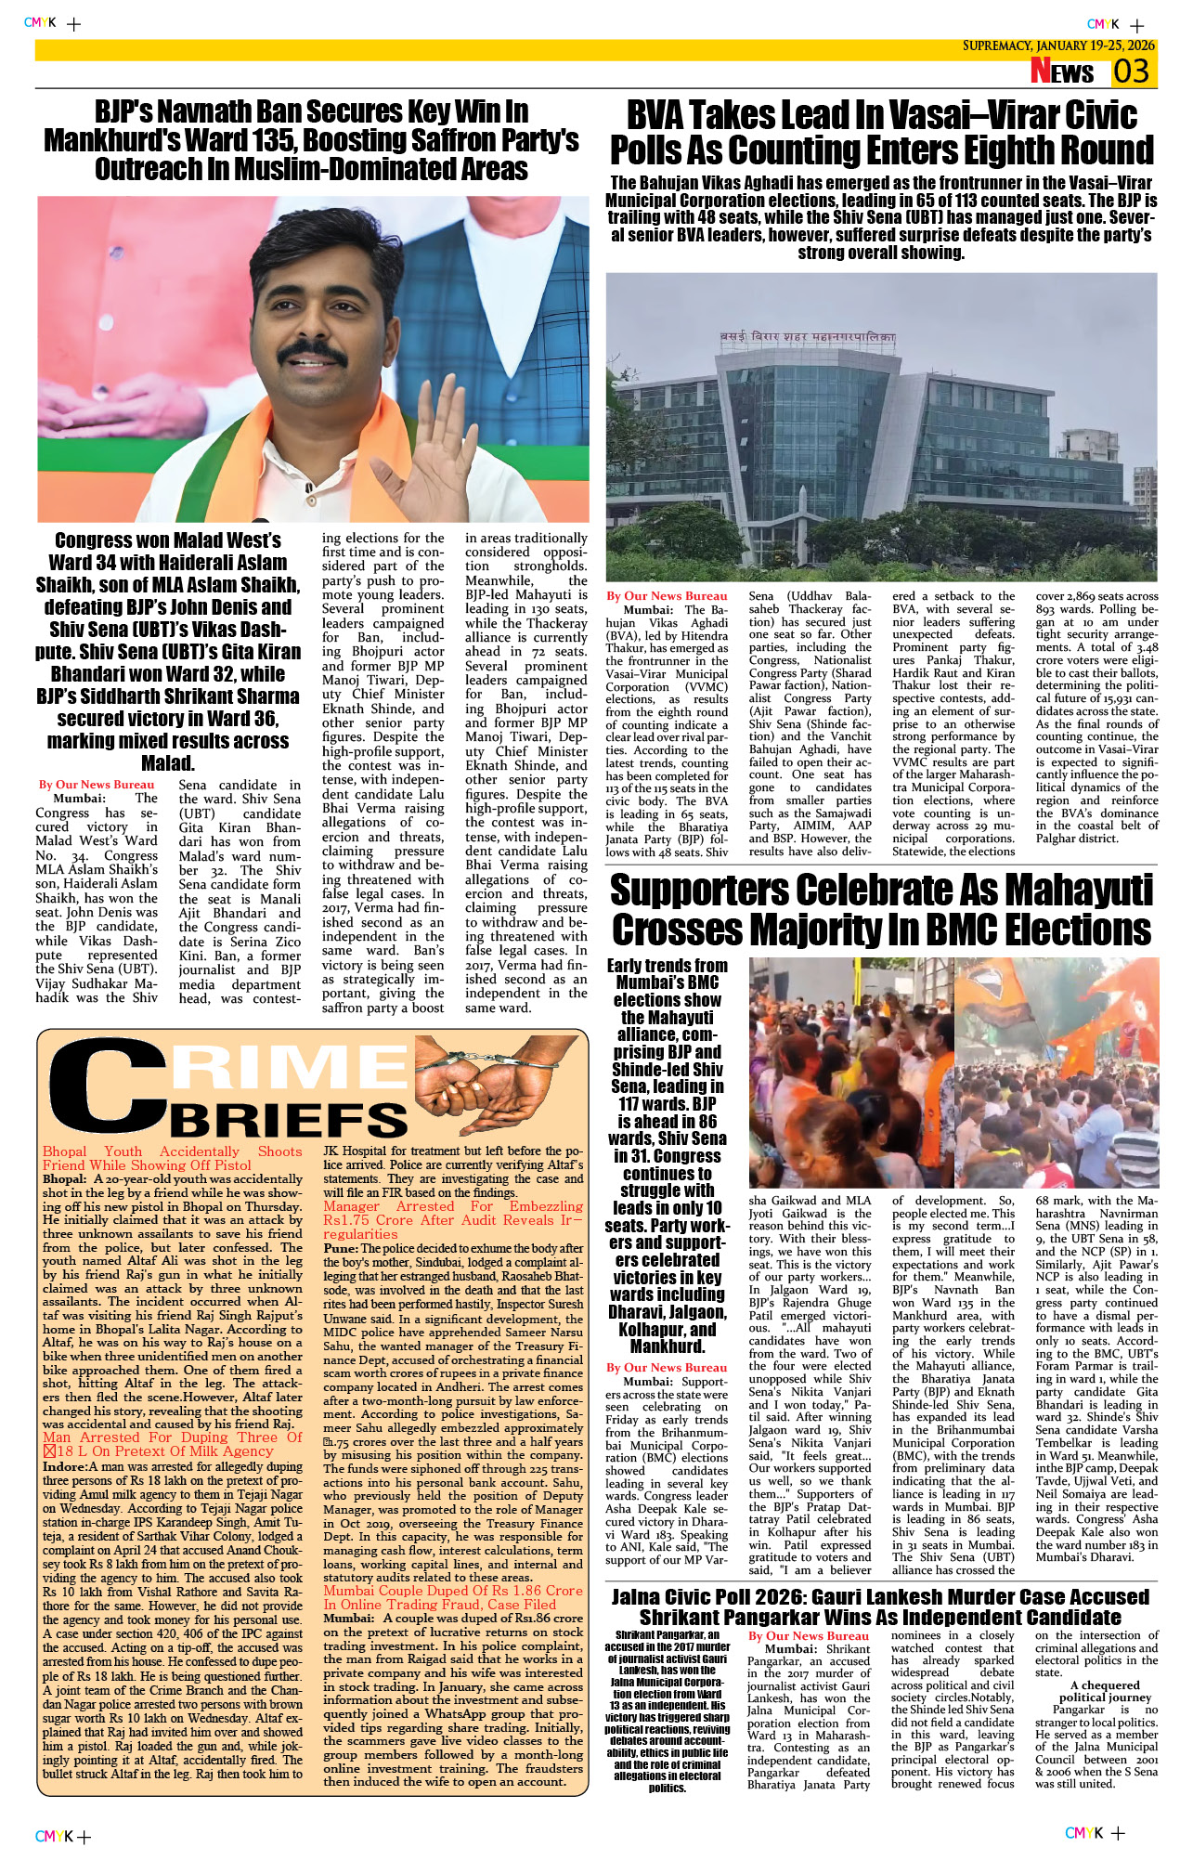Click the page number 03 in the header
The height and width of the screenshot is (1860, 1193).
coord(1132,72)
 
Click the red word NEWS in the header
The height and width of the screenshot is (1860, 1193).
coord(1062,72)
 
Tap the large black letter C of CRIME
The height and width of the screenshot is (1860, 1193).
coord(107,1086)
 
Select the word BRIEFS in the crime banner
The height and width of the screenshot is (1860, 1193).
coord(289,1120)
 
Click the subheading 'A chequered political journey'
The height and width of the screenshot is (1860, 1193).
coord(1105,1691)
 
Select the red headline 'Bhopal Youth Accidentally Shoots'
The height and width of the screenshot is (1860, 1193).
coord(172,1151)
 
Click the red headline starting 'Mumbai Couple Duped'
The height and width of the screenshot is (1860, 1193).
coord(453,1591)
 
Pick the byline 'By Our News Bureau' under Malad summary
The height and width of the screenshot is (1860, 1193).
coord(97,785)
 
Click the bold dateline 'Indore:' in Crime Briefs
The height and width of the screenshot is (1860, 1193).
coord(64,1467)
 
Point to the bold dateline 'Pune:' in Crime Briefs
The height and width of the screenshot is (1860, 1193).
coord(341,1249)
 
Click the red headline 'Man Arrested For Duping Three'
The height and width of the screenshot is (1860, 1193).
coord(172,1437)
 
